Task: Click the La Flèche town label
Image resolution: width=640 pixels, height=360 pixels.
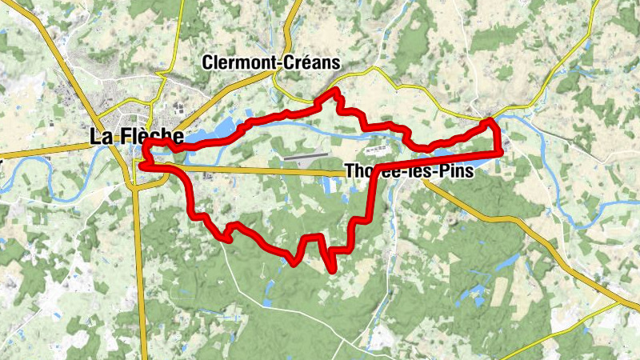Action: pyautogui.click(x=130, y=137)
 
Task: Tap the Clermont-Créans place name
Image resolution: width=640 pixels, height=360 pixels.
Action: pyautogui.click(x=271, y=62)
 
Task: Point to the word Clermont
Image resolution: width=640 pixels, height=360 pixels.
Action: pyautogui.click(x=236, y=62)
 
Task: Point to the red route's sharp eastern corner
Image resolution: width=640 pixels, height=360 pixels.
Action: pyautogui.click(x=502, y=150)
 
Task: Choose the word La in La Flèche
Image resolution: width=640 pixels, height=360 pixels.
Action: pyautogui.click(x=101, y=137)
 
